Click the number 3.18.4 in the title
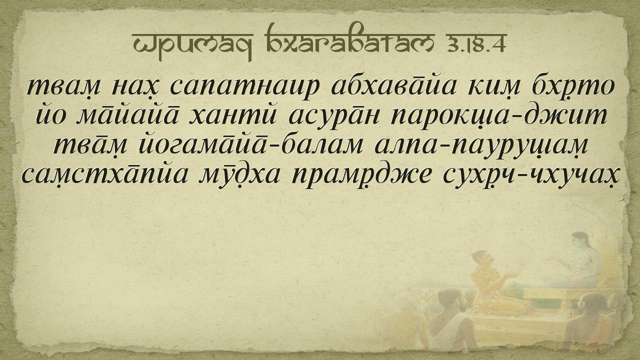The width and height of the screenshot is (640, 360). (x=476, y=44)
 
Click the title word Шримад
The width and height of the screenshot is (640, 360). (x=192, y=44)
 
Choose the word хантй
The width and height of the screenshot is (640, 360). (x=233, y=116)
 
